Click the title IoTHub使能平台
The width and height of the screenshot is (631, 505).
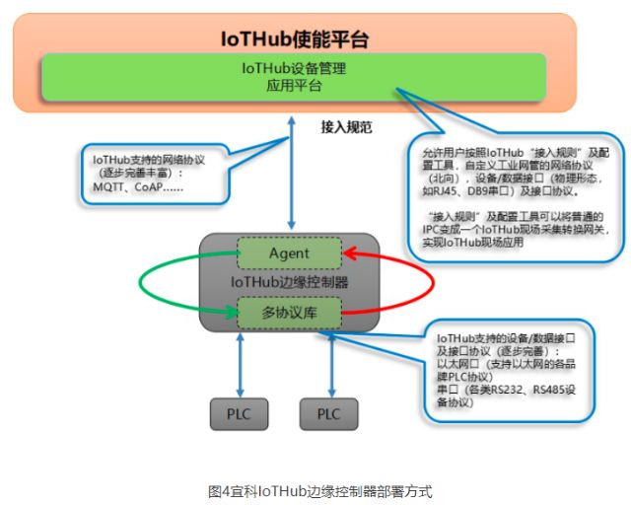[295, 40]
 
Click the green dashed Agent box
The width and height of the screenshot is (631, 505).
[289, 253]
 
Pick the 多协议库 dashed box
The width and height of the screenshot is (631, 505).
[289, 313]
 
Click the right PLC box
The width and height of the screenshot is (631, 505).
[328, 413]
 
